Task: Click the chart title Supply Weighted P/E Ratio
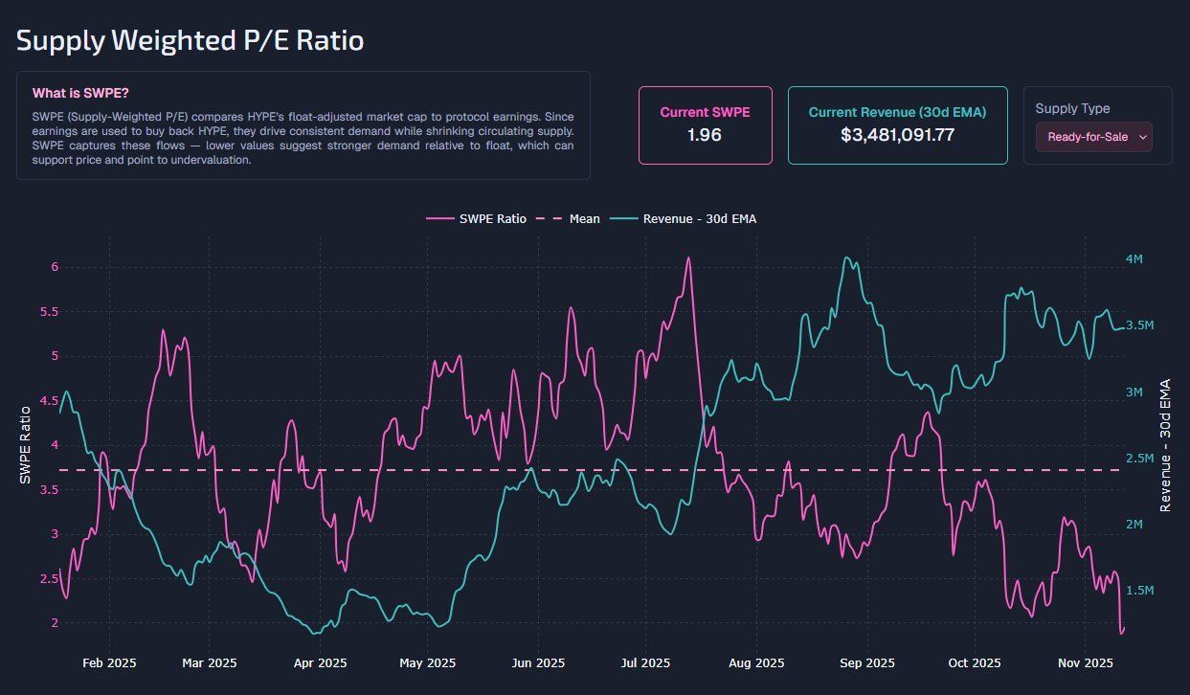(190, 41)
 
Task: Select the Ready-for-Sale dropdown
(1093, 137)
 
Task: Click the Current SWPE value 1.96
(705, 135)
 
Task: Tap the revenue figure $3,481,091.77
(897, 135)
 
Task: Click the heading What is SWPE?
(80, 93)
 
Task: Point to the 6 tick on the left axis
(55, 267)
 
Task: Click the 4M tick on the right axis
(1134, 259)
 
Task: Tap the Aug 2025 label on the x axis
(756, 662)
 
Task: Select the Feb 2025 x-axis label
(109, 662)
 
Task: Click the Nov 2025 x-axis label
(1085, 662)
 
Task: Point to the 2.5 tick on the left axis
(49, 579)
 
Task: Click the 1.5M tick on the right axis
(1139, 591)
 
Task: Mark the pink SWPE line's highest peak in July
(687, 258)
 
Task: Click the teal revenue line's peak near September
(844, 258)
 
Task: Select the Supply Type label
(1072, 108)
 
